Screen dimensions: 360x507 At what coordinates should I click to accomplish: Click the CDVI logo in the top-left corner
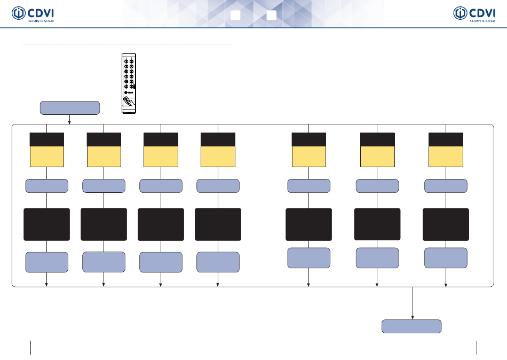(x=33, y=14)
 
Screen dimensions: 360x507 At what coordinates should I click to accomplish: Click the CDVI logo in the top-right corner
(x=474, y=14)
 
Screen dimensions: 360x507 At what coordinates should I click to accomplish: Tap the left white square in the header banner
(x=235, y=15)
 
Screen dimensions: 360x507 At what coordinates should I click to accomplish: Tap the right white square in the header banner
(x=271, y=15)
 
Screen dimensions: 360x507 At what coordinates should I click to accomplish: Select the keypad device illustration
(x=128, y=83)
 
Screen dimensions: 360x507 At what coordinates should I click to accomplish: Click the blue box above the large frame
(x=70, y=107)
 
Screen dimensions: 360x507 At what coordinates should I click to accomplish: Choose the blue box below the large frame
(x=411, y=326)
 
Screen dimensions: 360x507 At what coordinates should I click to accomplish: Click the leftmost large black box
(x=46, y=224)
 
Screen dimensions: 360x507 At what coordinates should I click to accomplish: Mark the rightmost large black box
(x=446, y=224)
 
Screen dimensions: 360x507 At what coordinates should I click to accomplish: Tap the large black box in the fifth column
(x=308, y=224)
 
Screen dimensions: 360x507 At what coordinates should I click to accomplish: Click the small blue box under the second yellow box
(x=104, y=186)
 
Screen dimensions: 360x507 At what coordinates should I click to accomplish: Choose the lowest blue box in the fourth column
(x=218, y=262)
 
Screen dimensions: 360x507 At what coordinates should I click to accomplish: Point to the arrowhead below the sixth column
(x=377, y=285)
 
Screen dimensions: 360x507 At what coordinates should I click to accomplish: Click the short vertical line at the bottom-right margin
(x=477, y=347)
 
